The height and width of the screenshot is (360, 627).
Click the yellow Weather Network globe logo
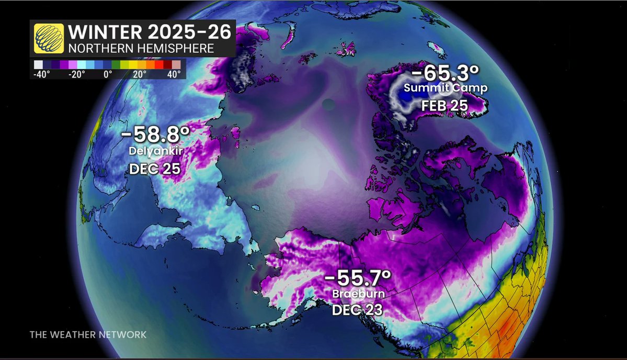click(49, 38)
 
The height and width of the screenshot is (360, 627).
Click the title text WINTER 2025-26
click(149, 32)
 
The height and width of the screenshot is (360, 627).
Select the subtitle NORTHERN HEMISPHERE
click(141, 48)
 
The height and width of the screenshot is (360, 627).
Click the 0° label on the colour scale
click(108, 74)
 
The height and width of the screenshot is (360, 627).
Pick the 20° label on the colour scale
click(140, 74)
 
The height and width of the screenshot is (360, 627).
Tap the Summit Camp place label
click(445, 88)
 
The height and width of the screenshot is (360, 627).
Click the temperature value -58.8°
click(155, 134)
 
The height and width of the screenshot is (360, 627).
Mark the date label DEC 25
click(155, 168)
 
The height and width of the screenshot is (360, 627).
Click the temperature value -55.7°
click(358, 277)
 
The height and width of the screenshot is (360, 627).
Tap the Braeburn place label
click(358, 294)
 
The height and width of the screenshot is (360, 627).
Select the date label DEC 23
click(358, 310)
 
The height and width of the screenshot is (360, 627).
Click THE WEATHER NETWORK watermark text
click(88, 334)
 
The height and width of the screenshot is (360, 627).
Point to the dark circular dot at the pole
click(328, 105)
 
